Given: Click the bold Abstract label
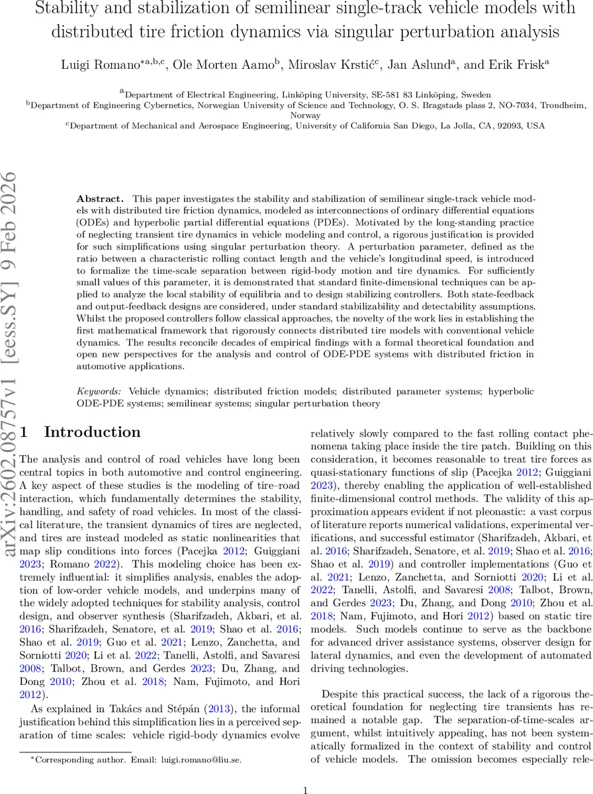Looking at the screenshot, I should pos(100,199).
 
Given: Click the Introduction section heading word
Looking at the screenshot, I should pos(92,432).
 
